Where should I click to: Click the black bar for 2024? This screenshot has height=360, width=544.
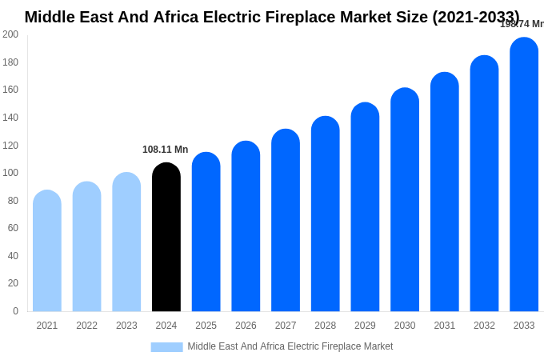tap(166, 238)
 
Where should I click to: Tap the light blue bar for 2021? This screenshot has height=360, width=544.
tap(47, 251)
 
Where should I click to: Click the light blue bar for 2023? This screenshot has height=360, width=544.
tap(126, 242)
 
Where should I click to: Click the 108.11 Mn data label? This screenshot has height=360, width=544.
tap(165, 150)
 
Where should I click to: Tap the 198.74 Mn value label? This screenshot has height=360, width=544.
tap(522, 24)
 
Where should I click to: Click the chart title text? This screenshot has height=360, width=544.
tap(272, 17)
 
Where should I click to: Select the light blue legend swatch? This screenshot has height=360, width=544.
tap(166, 347)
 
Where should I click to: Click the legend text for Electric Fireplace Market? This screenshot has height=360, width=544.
tap(290, 346)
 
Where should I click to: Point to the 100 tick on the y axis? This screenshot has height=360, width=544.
tap(10, 173)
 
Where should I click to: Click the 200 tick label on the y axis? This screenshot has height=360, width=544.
tap(10, 34)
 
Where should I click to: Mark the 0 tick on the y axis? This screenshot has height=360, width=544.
tap(15, 311)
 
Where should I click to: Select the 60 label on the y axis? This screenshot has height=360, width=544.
tap(13, 228)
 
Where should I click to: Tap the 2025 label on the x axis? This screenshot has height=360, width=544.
tap(206, 326)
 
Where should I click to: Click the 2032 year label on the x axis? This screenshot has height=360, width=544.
tap(484, 326)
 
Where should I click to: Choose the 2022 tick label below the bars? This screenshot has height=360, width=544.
tap(86, 326)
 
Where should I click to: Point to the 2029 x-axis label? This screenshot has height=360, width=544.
tap(365, 326)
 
